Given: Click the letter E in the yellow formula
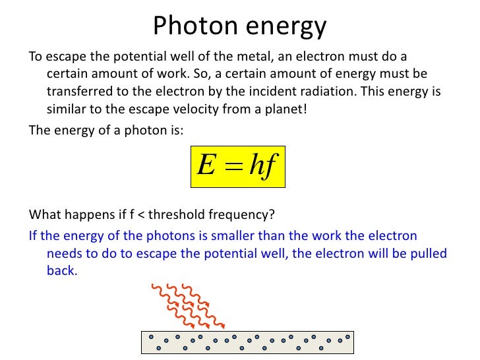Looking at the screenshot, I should pyautogui.click(x=205, y=166).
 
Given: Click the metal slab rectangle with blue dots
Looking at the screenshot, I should pyautogui.click(x=247, y=342).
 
